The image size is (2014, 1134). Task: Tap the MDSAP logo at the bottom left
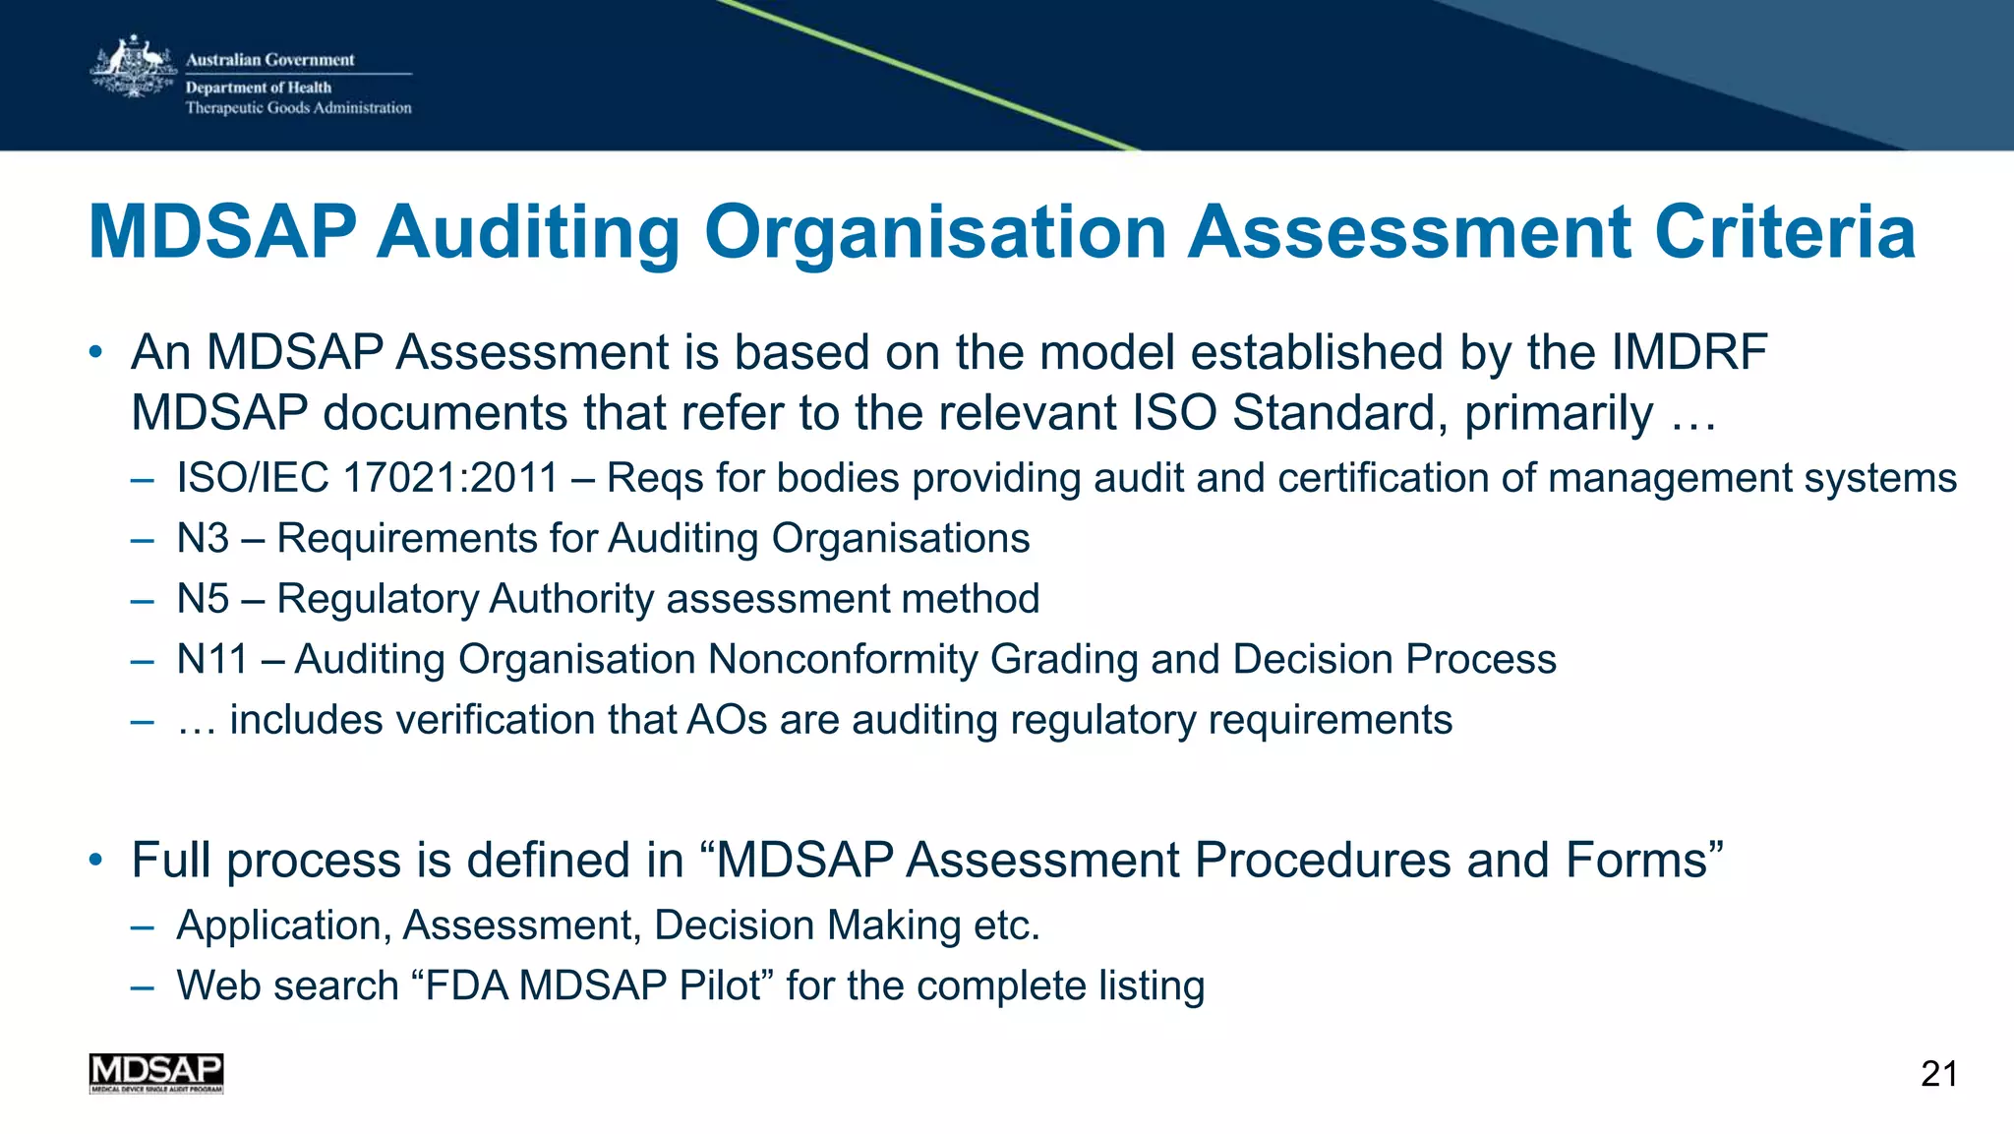[156, 1073]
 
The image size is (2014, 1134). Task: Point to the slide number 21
[1938, 1074]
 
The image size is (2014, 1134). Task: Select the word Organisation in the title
[935, 234]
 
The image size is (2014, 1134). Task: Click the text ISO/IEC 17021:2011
[368, 479]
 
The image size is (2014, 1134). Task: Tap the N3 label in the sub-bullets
[203, 539]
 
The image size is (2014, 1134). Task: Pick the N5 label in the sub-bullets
[203, 599]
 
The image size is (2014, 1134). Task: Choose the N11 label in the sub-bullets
[211, 660]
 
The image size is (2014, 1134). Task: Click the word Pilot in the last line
[726, 985]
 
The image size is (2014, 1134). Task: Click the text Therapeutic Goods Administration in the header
[299, 108]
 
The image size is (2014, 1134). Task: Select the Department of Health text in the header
[259, 88]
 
